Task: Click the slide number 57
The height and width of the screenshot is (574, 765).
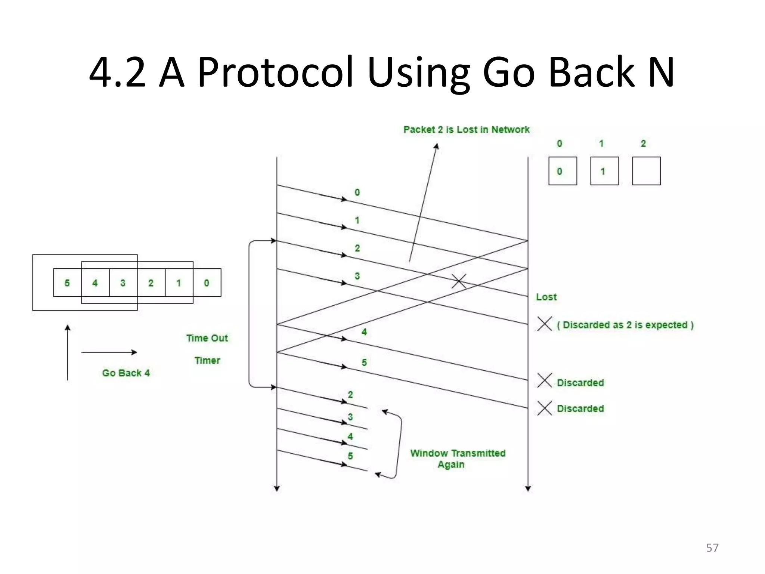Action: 712,548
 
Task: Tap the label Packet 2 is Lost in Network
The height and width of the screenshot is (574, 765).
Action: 466,130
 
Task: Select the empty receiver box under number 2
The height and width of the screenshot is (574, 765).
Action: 646,171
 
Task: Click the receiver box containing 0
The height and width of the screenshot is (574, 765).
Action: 563,171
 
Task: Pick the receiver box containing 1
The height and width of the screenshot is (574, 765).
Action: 604,171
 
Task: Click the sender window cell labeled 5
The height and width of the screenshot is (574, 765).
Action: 67,283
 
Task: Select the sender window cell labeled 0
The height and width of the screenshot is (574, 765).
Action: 207,283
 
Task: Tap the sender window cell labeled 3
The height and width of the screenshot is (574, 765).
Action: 123,283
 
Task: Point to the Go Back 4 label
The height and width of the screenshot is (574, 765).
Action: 126,373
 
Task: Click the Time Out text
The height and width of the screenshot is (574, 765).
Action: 207,338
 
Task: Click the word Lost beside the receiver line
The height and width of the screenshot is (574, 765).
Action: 546,297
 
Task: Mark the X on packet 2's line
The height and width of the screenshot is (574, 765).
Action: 459,281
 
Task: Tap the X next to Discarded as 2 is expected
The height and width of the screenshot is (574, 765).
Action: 545,324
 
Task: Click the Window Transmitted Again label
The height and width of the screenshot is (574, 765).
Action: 458,459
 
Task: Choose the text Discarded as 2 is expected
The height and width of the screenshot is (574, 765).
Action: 625,325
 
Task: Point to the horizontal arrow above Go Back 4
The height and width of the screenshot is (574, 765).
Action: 109,352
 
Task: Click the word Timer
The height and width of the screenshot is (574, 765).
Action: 207,361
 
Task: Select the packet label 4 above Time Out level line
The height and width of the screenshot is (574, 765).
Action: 364,332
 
